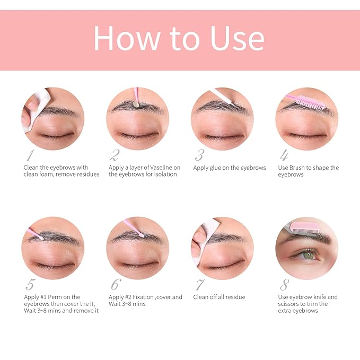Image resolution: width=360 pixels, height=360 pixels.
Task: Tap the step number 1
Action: tap(30, 155)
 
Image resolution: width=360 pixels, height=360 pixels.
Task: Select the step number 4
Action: tap(284, 155)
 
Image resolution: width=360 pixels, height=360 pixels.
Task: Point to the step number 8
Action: tap(285, 285)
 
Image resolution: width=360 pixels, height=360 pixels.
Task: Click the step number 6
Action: tap(116, 285)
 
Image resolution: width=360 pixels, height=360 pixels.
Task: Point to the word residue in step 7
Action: tap(234, 297)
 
